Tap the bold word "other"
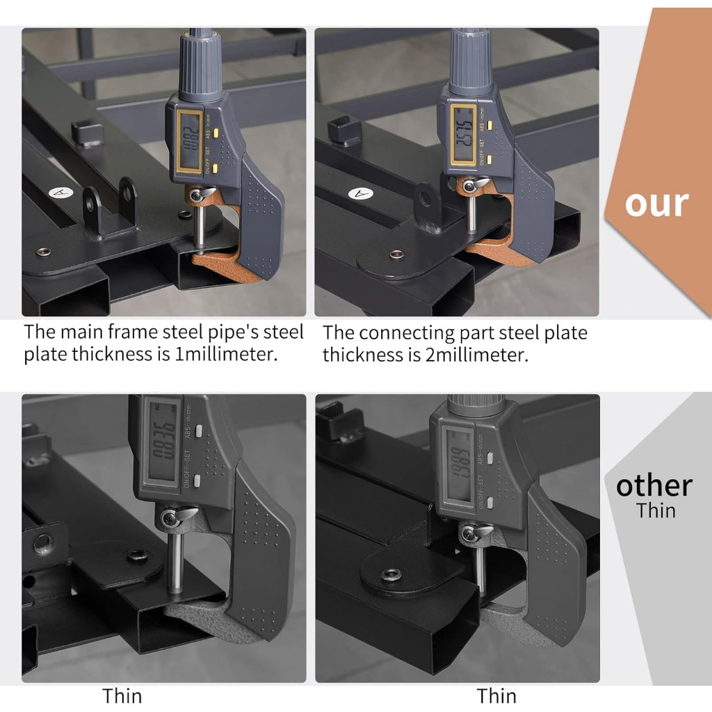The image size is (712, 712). pyautogui.click(x=654, y=485)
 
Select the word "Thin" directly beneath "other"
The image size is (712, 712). pyautogui.click(x=656, y=510)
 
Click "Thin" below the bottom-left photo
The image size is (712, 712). pyautogui.click(x=122, y=695)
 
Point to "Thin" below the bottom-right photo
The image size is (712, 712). pyautogui.click(x=496, y=695)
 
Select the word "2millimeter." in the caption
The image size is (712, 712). pyautogui.click(x=476, y=355)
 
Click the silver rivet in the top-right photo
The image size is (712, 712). pyautogui.click(x=398, y=254)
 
